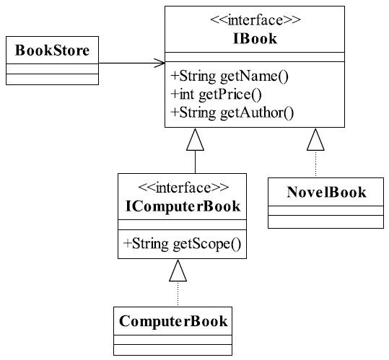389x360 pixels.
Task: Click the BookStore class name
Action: (x=52, y=51)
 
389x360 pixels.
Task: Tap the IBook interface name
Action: (x=255, y=39)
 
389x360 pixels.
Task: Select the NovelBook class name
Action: (x=326, y=192)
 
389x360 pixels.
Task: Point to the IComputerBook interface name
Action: (x=183, y=206)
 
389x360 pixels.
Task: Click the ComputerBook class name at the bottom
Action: (x=173, y=321)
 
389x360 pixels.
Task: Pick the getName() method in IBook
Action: (x=230, y=76)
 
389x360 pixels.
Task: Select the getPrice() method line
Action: (x=216, y=95)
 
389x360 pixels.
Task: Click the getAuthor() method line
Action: (x=232, y=113)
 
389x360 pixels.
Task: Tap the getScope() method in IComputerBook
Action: (x=182, y=244)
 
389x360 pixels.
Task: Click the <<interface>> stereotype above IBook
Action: (x=255, y=20)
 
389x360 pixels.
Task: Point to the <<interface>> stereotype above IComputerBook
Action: (x=183, y=188)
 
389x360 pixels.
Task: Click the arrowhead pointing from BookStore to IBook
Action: (x=159, y=63)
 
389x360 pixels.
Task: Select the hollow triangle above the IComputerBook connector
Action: (x=196, y=139)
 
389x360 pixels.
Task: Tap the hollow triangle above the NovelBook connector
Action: (x=315, y=139)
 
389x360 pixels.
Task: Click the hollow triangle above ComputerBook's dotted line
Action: (x=178, y=271)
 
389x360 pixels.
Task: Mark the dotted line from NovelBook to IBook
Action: (x=315, y=164)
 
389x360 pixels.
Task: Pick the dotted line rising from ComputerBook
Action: (x=178, y=294)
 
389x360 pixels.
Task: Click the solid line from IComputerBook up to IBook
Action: (x=196, y=162)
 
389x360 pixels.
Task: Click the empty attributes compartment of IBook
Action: (x=255, y=57)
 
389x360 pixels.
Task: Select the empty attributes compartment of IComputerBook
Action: (x=182, y=224)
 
